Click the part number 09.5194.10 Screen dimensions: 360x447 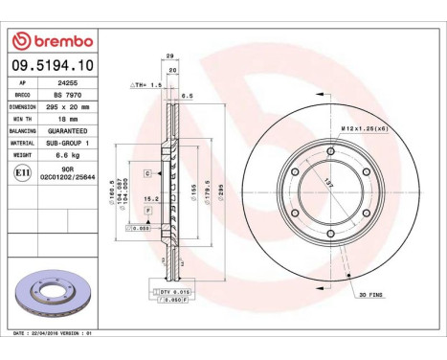point(50,66)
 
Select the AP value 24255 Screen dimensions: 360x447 point(66,83)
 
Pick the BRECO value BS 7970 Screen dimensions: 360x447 point(66,98)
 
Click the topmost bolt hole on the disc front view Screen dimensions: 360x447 point(331,150)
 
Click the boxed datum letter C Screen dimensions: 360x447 point(148,173)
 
